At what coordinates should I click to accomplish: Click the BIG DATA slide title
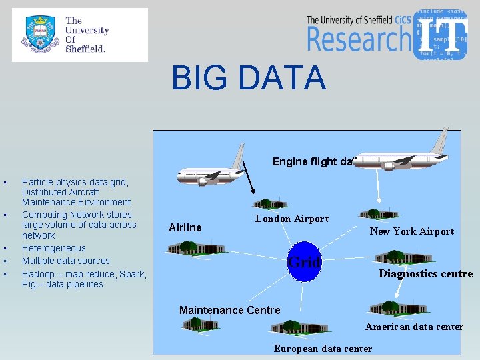click(248, 78)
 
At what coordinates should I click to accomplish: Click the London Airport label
click(292, 219)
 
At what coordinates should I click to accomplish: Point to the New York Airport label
click(412, 231)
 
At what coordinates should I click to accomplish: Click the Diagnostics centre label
click(425, 273)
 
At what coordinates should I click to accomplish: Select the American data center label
click(414, 327)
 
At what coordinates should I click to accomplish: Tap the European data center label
click(323, 349)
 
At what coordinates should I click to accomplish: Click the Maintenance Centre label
click(230, 310)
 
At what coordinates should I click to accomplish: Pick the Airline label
click(185, 227)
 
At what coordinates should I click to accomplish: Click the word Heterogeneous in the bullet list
click(54, 248)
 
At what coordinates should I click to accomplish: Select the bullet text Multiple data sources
click(66, 261)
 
